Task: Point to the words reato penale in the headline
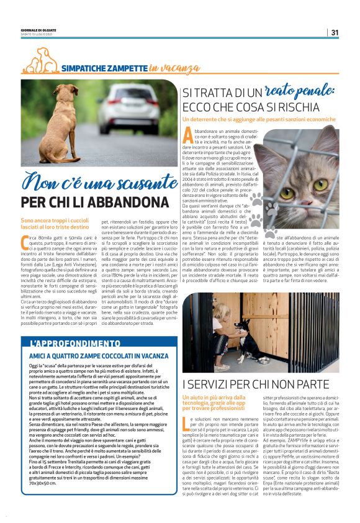coord(299,92)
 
